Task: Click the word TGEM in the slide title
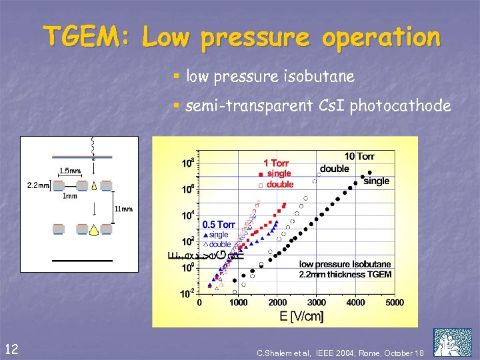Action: pos(88,37)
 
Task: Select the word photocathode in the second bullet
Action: pos(400,105)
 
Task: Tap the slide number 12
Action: pos(11,347)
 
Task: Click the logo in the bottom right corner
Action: pos(452,342)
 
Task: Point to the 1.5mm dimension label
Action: pos(70,171)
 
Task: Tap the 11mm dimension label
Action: pos(124,209)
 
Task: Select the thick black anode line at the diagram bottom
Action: pos(79,261)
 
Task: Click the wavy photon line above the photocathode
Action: pos(93,148)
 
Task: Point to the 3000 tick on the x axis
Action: pos(317,302)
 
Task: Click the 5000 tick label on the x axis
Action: pos(395,302)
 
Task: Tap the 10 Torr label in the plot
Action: pos(359,157)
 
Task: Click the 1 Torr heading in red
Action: pos(275,163)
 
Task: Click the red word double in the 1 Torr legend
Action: pos(280,184)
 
